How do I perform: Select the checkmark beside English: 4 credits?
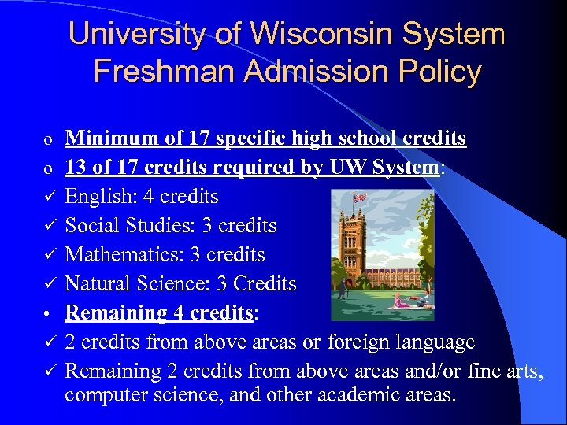[48, 196]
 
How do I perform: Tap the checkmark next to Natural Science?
[48, 283]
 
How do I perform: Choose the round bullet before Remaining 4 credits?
[48, 312]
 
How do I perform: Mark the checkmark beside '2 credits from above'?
[48, 341]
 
